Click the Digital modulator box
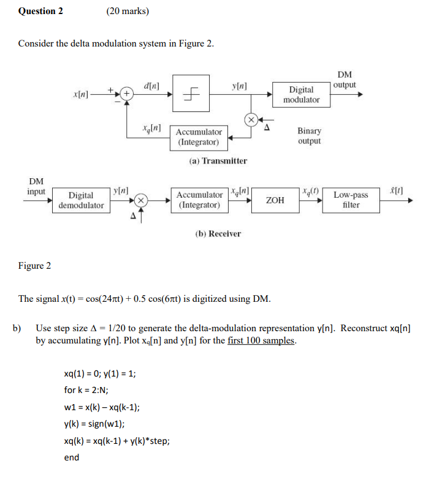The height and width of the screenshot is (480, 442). coord(301,95)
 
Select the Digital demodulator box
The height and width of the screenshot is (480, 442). coord(81,200)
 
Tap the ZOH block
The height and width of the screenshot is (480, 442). coord(275,200)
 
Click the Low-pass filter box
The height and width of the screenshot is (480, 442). coord(351,200)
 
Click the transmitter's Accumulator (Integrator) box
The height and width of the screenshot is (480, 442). coord(199,137)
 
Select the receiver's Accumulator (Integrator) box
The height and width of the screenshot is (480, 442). coord(199,200)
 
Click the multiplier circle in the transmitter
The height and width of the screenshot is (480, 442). coord(251,119)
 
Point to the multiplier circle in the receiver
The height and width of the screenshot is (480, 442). coord(140,200)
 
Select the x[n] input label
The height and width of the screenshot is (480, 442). coord(80,95)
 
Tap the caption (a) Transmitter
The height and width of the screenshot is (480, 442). coord(218,161)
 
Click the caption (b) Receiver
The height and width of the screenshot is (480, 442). coord(218,234)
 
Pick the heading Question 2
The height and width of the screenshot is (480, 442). coord(40,11)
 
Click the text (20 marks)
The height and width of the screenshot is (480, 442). coord(128,11)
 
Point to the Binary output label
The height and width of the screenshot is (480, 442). coord(309,136)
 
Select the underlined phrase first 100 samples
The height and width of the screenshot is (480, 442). coord(261,340)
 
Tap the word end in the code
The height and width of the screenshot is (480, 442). coord(71,457)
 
